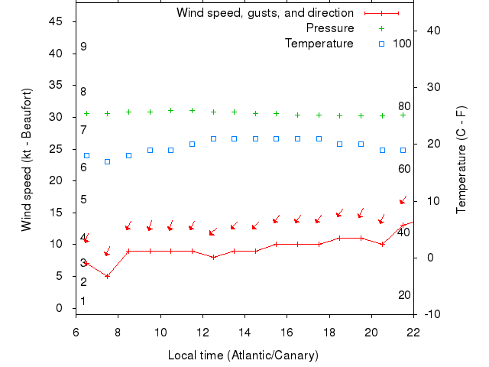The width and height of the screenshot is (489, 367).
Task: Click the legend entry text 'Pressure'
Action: [330, 28]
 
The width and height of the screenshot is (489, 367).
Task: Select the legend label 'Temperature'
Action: [319, 44]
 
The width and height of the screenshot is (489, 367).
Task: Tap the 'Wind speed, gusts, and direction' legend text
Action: [264, 13]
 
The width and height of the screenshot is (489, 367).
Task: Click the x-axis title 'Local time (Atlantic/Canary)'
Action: [243, 356]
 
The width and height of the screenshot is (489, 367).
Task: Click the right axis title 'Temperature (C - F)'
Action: [461, 160]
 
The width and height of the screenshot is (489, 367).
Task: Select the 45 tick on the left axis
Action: [56, 21]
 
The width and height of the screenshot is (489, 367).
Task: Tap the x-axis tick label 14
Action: [244, 332]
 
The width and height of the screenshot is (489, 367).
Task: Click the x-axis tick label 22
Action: [413, 332]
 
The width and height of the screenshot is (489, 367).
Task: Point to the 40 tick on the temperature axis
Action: [433, 30]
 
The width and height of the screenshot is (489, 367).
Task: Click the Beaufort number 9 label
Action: [83, 47]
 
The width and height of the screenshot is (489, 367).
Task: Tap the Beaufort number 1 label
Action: [83, 301]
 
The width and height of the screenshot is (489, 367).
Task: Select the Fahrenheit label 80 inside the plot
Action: [404, 106]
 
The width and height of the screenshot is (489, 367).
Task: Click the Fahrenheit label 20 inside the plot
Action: [404, 295]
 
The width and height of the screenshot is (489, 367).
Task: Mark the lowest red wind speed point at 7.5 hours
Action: [108, 276]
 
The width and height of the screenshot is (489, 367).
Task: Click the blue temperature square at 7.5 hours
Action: [108, 161]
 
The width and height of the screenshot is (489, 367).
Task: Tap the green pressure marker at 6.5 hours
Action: [86, 113]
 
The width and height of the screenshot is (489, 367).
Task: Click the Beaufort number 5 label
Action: [83, 200]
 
